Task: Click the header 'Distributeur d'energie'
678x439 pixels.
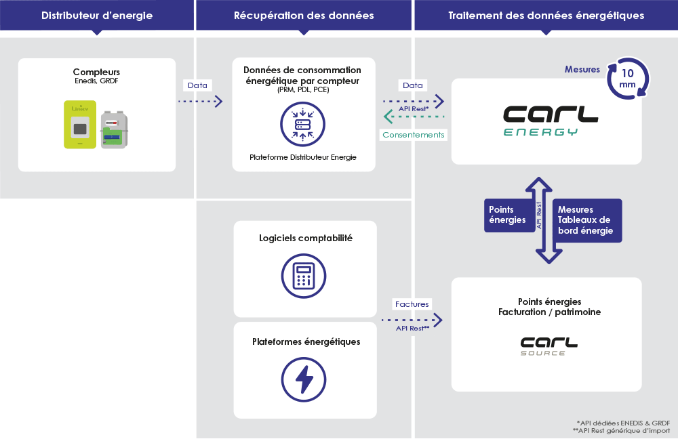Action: coord(97,16)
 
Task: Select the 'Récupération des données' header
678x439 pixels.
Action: coord(304,16)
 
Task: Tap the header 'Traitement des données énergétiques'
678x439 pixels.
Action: coord(546,16)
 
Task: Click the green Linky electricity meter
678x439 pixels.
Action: coord(80,125)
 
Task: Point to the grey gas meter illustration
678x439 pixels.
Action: coord(114,129)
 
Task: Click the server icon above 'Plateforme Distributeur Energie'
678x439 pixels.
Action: coord(302,125)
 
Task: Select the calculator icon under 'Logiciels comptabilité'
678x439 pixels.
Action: coord(304,276)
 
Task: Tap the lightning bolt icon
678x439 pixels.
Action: coord(304,380)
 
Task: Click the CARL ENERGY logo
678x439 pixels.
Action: coord(551,121)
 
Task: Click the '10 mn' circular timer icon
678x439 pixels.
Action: coord(628,79)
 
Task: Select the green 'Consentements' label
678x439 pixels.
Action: coord(414,135)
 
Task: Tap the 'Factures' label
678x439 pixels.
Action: coord(412,304)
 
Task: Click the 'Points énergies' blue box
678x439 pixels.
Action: coord(509,215)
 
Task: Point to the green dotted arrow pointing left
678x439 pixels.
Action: coord(414,117)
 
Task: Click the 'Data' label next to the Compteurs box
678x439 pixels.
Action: coord(197,85)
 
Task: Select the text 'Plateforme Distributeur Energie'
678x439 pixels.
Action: coord(303,157)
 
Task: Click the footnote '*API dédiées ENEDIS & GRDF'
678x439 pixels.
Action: coord(623,423)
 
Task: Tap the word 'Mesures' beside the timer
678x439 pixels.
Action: coord(582,69)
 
